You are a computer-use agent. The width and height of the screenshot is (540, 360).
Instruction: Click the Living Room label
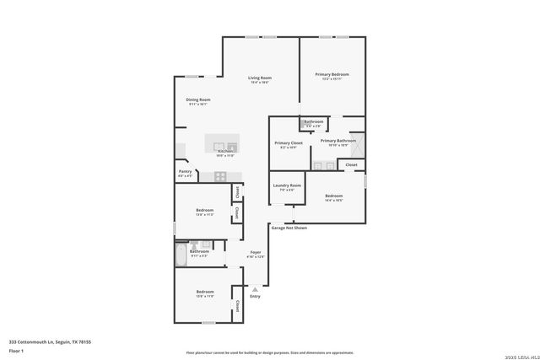[x=259, y=78]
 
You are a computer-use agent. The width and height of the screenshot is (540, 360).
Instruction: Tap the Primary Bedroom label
[x=332, y=75]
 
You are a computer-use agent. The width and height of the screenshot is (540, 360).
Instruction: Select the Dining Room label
[x=198, y=99]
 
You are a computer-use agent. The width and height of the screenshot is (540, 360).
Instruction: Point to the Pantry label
[x=186, y=171]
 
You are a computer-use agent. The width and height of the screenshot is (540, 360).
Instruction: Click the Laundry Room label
[x=287, y=185]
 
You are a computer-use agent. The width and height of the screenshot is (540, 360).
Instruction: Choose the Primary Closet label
[x=288, y=142]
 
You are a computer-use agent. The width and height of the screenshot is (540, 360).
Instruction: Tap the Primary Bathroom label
[x=337, y=140]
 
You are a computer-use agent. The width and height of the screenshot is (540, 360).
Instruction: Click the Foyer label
[x=256, y=252]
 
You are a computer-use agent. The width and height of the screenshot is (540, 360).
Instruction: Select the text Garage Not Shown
[x=289, y=228]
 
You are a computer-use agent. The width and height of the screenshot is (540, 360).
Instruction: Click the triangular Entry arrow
[x=255, y=288]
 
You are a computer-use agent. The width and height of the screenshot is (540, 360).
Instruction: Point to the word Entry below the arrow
[x=255, y=296]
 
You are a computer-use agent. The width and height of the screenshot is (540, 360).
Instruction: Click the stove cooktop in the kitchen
[x=220, y=176]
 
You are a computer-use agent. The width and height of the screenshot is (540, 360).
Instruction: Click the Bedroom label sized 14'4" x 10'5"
[x=334, y=196]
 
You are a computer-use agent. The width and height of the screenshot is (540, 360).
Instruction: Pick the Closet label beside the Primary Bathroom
[x=352, y=164]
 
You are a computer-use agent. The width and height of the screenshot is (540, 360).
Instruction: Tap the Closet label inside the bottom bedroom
[x=238, y=304]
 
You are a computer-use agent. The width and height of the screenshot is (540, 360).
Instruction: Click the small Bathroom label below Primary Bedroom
[x=314, y=121]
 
